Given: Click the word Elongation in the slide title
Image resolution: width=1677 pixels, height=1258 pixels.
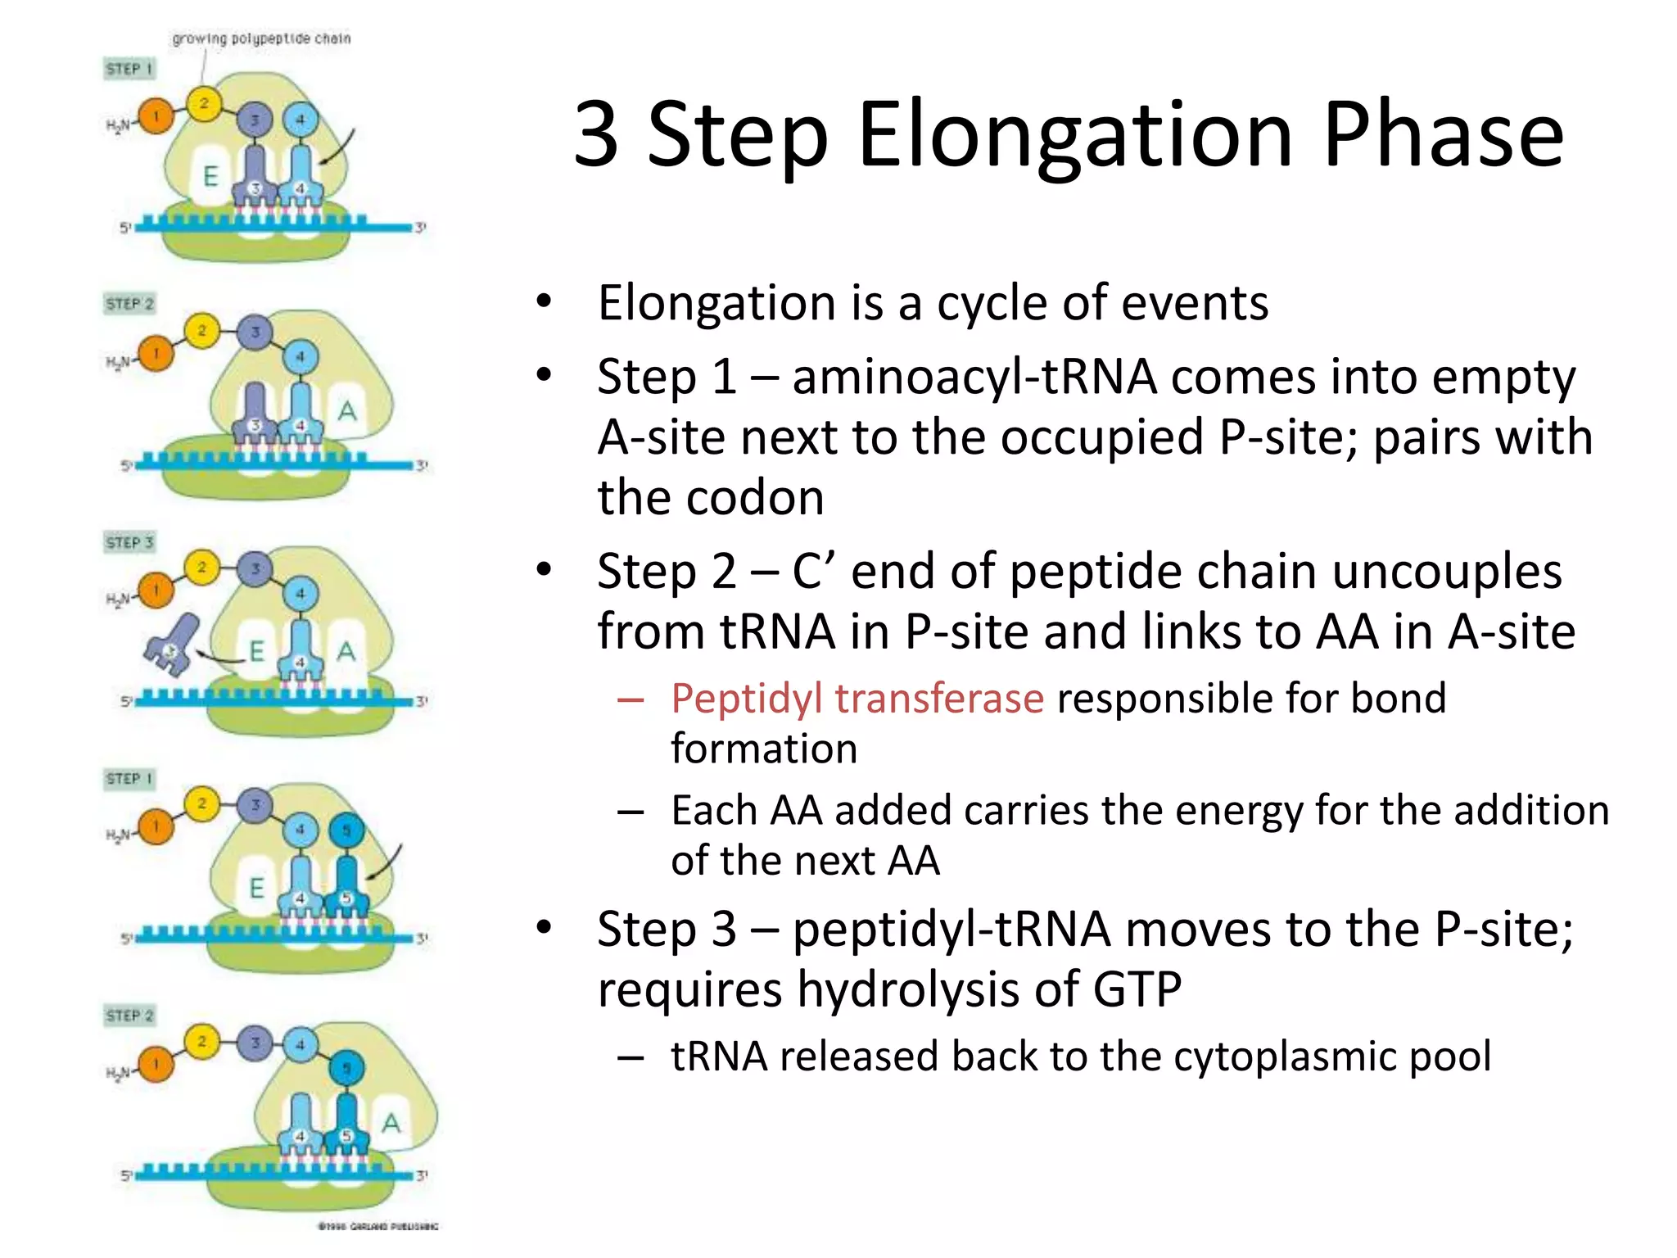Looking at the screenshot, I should [x=1075, y=135].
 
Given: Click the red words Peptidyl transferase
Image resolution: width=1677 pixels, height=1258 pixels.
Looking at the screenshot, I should [x=857, y=699].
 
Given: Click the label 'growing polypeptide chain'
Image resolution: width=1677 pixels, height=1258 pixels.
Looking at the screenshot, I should [x=261, y=38].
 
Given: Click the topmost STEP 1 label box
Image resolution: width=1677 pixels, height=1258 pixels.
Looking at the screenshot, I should [x=129, y=69].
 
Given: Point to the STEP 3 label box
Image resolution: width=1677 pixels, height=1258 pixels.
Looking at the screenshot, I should [x=129, y=542].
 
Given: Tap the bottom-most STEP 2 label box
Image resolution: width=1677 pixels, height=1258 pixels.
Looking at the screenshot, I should [x=129, y=1016].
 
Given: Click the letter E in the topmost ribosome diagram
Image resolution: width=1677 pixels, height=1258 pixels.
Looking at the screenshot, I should [x=210, y=176].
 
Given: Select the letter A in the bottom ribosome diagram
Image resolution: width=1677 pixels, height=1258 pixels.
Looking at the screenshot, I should [x=391, y=1123].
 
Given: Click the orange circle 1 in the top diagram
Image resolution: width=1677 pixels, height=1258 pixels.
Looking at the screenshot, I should [x=156, y=116].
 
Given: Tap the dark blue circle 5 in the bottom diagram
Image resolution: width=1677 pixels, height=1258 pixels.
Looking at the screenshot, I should [x=346, y=1068].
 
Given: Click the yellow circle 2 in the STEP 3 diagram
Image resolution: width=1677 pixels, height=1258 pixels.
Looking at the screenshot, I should [x=201, y=567].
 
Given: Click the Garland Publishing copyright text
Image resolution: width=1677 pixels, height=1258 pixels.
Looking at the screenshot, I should [x=377, y=1226].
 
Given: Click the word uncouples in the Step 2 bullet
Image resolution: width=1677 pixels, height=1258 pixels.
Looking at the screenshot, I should [x=1446, y=571].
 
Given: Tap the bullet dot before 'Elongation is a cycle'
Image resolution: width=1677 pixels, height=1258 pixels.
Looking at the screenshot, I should [x=544, y=302].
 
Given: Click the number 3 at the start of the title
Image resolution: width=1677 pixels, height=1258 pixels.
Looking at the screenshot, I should [x=596, y=135].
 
